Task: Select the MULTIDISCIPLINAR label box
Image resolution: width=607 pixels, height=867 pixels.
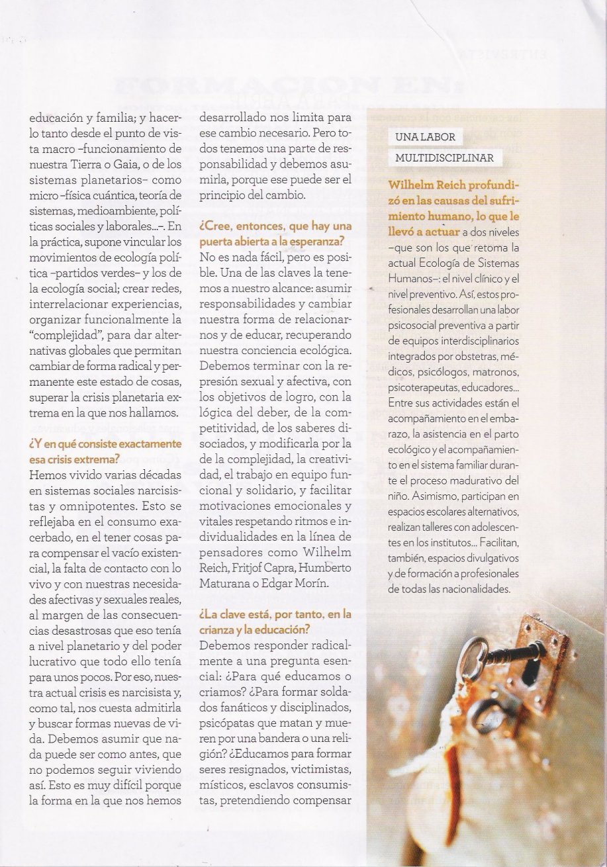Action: tap(444, 158)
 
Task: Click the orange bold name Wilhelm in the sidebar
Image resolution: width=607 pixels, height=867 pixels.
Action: tap(410, 185)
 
